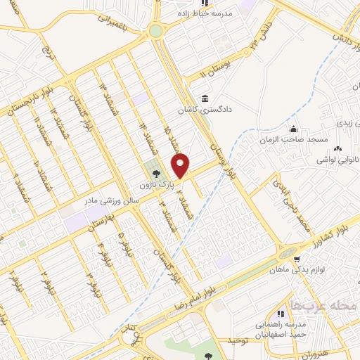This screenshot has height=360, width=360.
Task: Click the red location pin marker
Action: click(181, 165)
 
